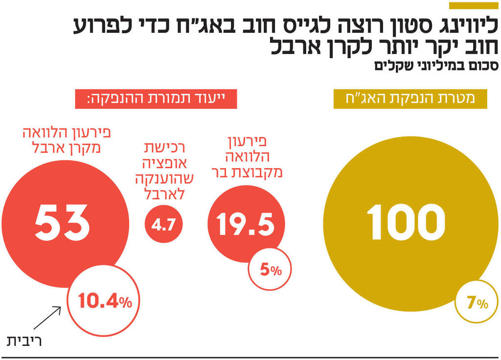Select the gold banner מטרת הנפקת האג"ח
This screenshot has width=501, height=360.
pyautogui.click(x=410, y=99)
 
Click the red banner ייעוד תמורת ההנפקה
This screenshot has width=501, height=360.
pyautogui.click(x=156, y=99)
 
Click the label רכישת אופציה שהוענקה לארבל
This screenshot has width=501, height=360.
pyautogui.click(x=165, y=171)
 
